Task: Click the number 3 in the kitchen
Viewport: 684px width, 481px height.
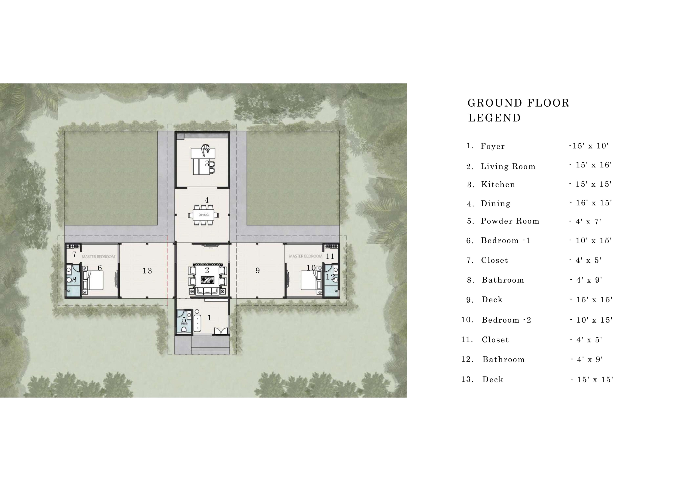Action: [207, 163]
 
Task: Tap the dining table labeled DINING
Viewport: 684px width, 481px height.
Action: [204, 215]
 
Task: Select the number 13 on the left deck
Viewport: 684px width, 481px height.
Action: [147, 271]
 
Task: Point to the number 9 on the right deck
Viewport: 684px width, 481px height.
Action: [258, 271]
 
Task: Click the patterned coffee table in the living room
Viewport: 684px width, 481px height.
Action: [207, 280]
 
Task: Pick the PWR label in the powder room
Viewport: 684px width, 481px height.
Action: [184, 323]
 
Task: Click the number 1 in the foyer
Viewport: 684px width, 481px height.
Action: [209, 318]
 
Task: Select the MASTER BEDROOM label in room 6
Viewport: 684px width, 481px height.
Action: [98, 256]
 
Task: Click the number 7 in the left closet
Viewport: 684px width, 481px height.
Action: [75, 255]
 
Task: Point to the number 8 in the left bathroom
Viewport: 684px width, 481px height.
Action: [75, 280]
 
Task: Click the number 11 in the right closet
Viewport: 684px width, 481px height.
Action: [330, 256]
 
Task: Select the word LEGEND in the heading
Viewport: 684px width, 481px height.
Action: [495, 118]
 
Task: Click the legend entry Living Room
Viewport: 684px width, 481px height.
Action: [508, 166]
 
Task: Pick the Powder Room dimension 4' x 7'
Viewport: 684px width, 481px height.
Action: [585, 222]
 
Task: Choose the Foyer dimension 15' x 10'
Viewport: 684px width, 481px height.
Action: [589, 146]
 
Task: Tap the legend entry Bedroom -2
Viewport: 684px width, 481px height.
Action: [506, 320]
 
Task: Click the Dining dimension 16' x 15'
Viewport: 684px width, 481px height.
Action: [591, 203]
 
